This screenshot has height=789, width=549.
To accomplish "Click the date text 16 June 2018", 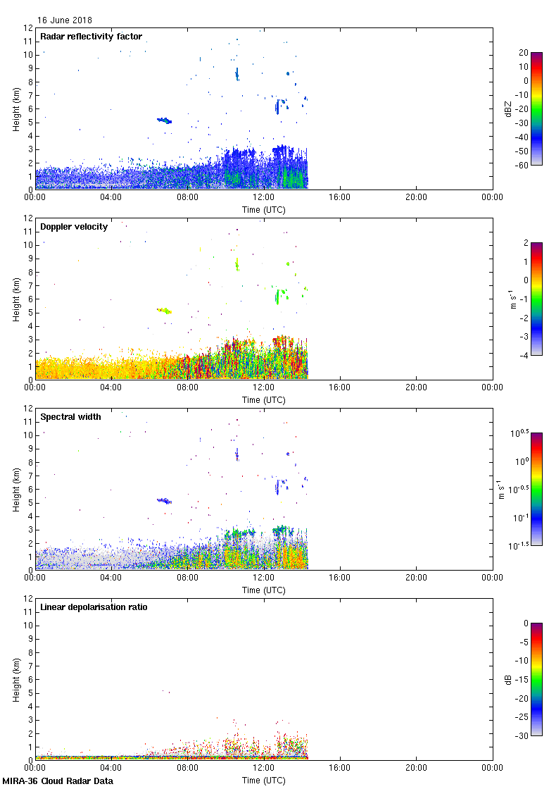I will pyautogui.click(x=65, y=20).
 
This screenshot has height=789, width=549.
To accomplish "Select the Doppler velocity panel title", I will pyautogui.click(x=74, y=227).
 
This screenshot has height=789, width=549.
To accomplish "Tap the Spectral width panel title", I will pyautogui.click(x=70, y=417).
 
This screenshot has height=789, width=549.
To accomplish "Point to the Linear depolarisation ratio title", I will pyautogui.click(x=94, y=607).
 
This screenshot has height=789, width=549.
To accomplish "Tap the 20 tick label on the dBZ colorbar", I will pyautogui.click(x=524, y=53).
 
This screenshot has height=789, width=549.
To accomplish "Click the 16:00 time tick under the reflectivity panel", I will pyautogui.click(x=340, y=197).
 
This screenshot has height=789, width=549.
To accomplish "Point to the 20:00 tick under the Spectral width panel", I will pyautogui.click(x=416, y=578).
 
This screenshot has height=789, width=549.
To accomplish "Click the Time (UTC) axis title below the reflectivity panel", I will pyautogui.click(x=264, y=210).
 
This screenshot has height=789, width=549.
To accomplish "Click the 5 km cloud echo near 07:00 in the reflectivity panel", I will pyautogui.click(x=164, y=120).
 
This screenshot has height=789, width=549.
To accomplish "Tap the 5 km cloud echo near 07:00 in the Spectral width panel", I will pyautogui.click(x=164, y=501).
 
